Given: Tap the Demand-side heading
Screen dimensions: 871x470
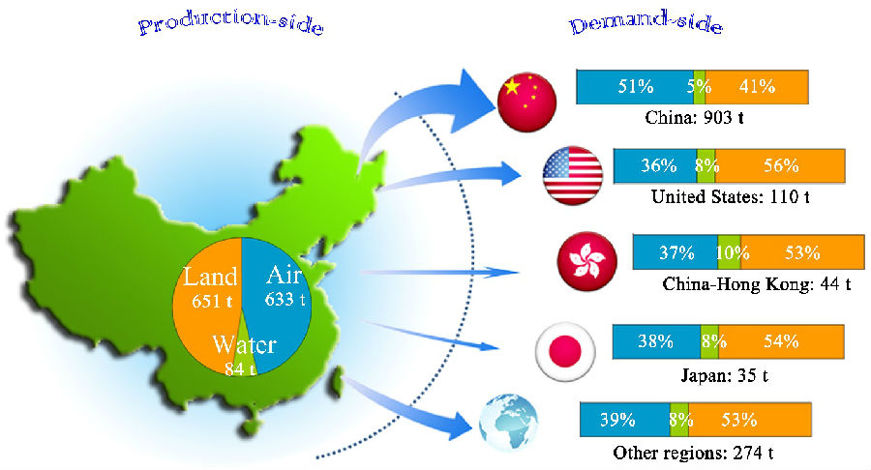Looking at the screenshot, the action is click(646, 23).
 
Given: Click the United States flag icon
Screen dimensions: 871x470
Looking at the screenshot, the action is click(573, 176).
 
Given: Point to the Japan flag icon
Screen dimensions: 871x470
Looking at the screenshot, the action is click(565, 352).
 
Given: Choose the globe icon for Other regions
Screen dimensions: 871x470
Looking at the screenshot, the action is click(508, 423).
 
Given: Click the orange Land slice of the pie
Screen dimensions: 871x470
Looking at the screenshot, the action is click(205, 306).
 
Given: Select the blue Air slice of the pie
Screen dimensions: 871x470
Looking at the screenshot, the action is click(278, 300).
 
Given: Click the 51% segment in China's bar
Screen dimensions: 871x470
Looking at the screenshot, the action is click(636, 87).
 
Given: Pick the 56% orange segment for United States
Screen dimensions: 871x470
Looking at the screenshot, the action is click(780, 166).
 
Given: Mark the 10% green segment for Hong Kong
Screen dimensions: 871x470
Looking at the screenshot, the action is click(730, 252).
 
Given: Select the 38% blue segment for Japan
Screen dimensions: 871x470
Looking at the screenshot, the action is click(656, 341).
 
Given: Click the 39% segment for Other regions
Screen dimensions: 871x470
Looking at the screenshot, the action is click(625, 420).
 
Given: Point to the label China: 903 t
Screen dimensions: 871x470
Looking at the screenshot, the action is click(694, 118).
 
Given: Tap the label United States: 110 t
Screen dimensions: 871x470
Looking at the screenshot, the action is click(730, 196).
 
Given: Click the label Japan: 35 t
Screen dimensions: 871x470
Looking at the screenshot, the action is click(724, 375).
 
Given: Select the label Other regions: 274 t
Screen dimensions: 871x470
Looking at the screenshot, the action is click(693, 453).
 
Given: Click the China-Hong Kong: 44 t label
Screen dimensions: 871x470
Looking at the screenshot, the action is click(757, 284).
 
